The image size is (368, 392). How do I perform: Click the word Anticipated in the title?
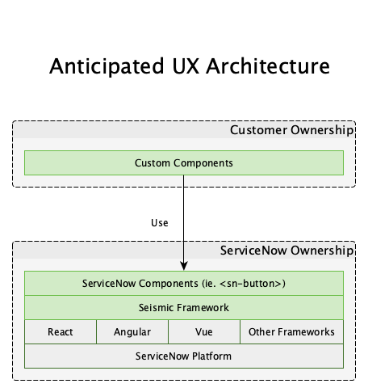click(x=107, y=66)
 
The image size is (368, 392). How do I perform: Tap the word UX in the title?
click(x=186, y=66)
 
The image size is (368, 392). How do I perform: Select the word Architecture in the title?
click(x=268, y=66)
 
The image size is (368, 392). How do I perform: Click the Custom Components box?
click(x=184, y=163)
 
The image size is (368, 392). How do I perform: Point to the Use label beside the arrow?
click(x=160, y=223)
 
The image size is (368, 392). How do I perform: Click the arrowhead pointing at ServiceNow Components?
click(x=184, y=266)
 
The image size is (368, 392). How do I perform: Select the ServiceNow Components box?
click(x=184, y=284)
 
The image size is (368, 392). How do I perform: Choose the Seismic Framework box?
click(x=184, y=308)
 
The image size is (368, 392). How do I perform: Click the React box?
click(x=61, y=332)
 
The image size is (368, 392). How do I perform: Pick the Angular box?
click(x=132, y=332)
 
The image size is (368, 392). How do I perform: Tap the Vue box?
click(x=204, y=332)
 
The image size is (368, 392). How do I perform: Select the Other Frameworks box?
click(x=292, y=332)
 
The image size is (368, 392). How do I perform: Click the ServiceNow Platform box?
click(x=184, y=356)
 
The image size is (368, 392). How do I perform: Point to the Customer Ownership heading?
click(x=291, y=130)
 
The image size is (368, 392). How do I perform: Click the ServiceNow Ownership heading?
click(x=286, y=251)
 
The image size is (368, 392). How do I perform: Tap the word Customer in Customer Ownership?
click(x=258, y=130)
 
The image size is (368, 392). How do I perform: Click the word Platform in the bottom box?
click(x=211, y=356)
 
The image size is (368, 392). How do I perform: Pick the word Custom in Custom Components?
click(x=153, y=163)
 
